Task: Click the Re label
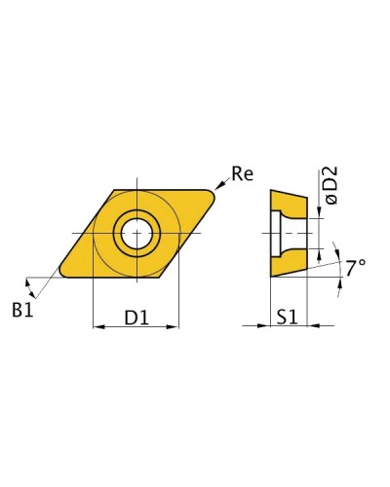click(242, 173)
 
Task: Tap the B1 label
click(22, 310)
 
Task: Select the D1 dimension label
click(136, 318)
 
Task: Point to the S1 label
click(288, 318)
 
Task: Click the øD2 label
click(331, 185)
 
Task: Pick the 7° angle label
click(355, 268)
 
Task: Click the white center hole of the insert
click(136, 233)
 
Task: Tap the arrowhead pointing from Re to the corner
click(219, 185)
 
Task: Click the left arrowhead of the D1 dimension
click(98, 326)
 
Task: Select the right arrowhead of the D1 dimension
click(173, 326)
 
